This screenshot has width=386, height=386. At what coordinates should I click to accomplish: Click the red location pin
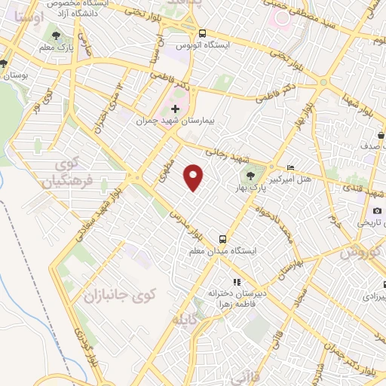pos(195,176)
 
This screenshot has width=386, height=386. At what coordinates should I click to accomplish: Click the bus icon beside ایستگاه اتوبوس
pos(202,33)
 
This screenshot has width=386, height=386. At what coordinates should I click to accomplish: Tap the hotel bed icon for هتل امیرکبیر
pos(292,167)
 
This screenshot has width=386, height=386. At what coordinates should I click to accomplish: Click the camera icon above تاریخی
pos(377,211)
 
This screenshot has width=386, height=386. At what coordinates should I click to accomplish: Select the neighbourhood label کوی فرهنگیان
pos(69,173)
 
